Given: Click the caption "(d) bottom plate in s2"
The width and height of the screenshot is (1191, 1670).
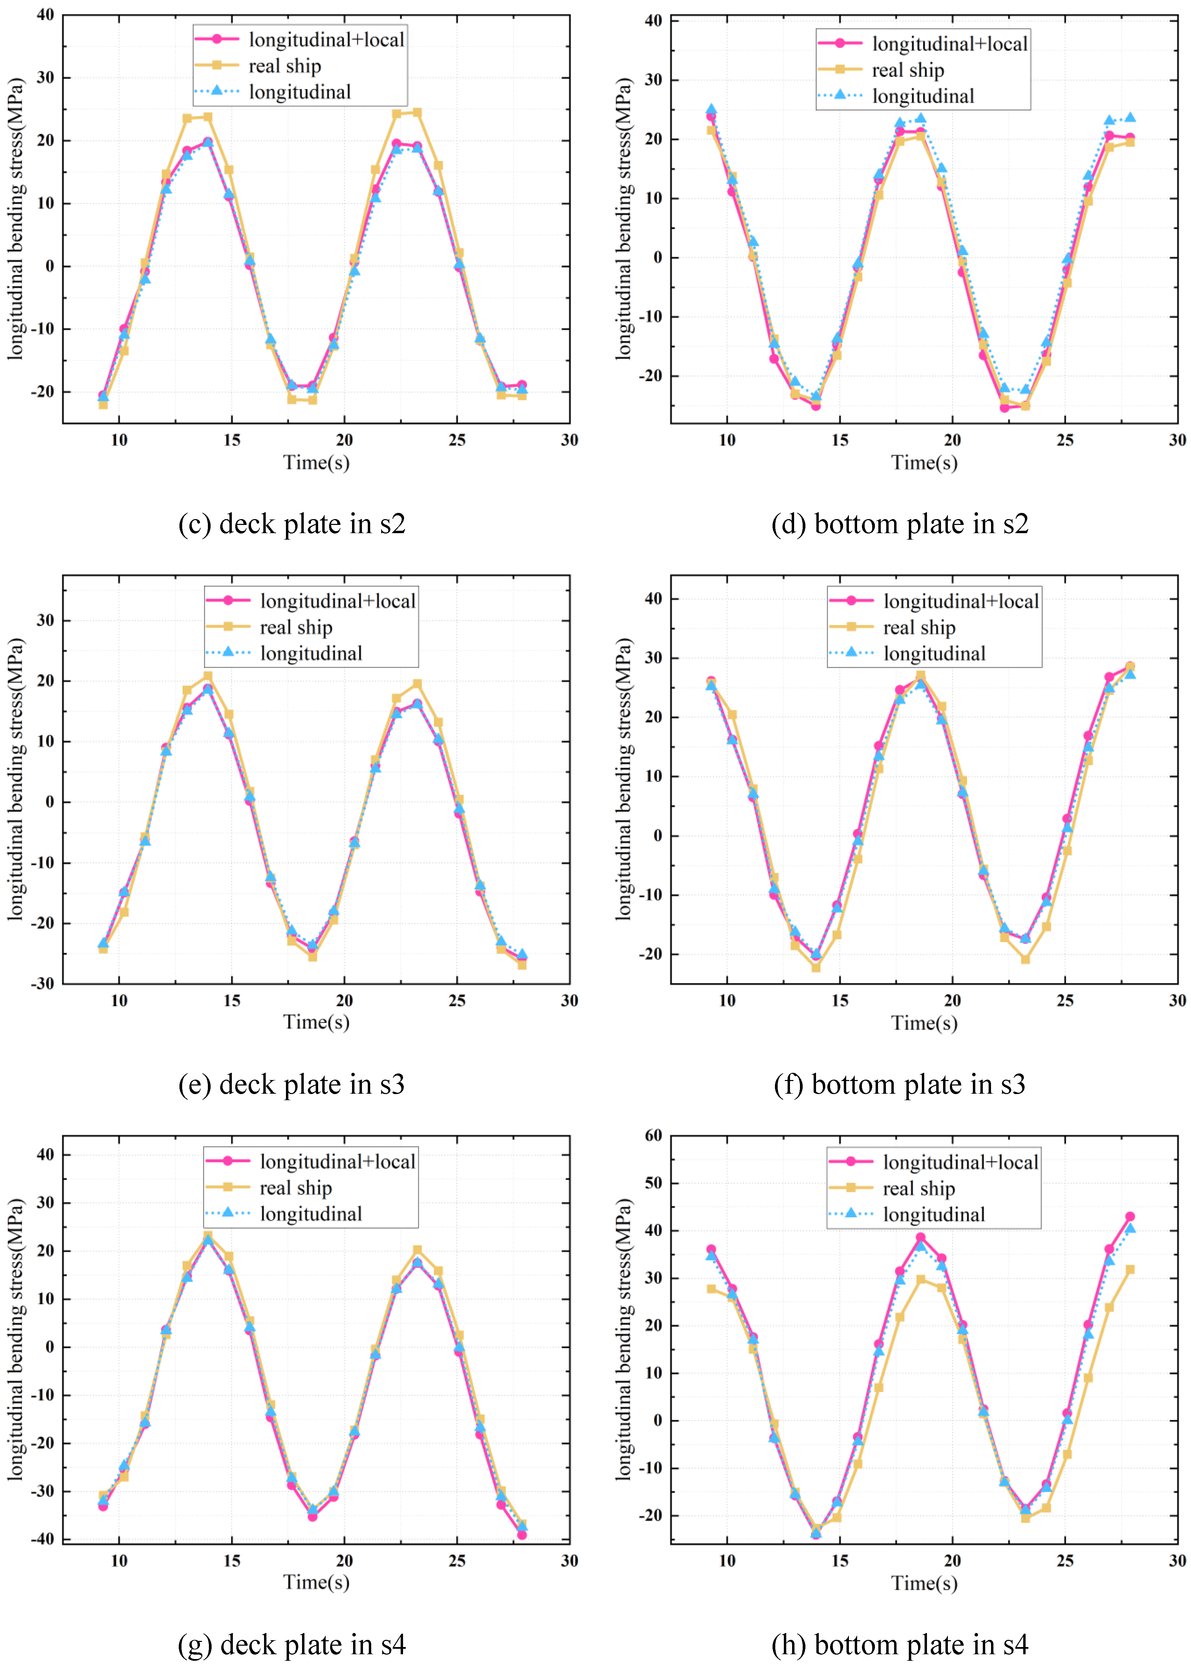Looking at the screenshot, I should click(x=900, y=524).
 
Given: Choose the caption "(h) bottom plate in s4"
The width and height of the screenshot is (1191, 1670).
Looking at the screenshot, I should click(x=900, y=1645).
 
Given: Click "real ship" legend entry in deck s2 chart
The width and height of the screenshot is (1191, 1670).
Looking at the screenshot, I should click(x=285, y=66).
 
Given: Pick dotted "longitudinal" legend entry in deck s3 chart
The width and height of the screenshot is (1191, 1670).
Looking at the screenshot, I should click(x=311, y=653).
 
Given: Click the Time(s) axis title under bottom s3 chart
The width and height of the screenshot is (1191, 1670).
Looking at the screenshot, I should click(x=924, y=1022).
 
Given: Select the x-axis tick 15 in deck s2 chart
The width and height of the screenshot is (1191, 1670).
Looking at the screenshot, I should click(x=232, y=440).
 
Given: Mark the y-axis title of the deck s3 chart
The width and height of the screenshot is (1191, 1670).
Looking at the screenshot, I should click(x=16, y=779).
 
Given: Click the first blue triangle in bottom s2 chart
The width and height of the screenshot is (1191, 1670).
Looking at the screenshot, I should click(x=711, y=109).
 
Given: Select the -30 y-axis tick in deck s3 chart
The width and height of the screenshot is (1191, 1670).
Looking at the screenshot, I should click(x=42, y=983).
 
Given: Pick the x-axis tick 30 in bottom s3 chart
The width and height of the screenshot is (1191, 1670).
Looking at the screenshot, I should click(x=1177, y=1000).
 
